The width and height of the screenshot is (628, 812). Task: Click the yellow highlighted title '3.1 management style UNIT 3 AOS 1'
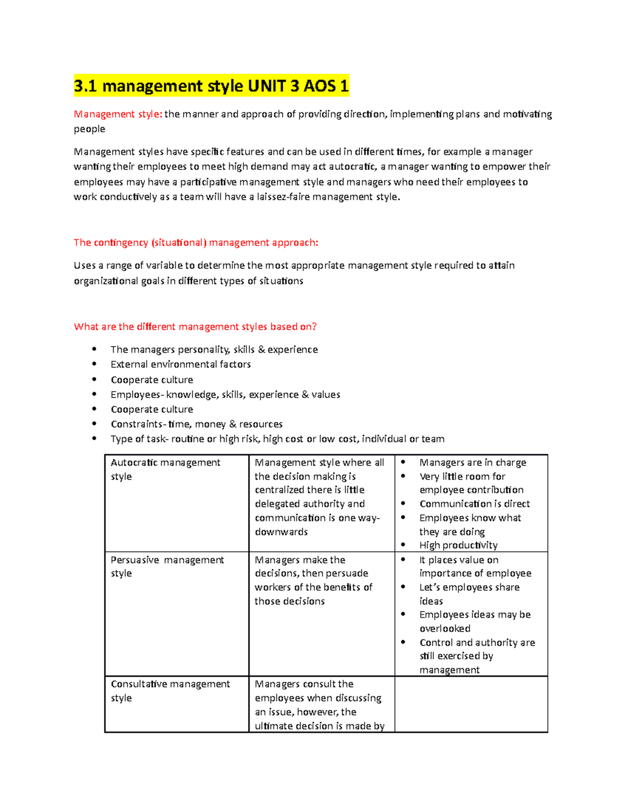click(x=211, y=86)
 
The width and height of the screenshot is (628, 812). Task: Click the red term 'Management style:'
click(x=118, y=114)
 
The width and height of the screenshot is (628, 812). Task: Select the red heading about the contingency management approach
click(x=196, y=243)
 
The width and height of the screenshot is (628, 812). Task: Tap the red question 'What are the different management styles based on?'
click(x=195, y=327)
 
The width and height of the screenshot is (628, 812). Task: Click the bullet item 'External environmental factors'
click(x=181, y=364)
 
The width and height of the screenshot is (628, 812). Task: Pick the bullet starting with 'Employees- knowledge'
click(x=225, y=395)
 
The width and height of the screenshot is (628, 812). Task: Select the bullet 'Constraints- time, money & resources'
click(x=196, y=424)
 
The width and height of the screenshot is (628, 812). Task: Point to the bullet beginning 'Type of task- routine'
click(x=277, y=439)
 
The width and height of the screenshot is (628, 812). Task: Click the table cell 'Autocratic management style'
click(x=165, y=469)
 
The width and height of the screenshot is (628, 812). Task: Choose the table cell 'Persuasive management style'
click(x=167, y=566)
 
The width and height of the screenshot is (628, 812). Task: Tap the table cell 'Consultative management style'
click(x=170, y=691)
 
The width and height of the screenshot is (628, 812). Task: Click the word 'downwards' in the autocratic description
click(x=281, y=532)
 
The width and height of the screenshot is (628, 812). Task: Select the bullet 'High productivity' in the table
click(x=458, y=545)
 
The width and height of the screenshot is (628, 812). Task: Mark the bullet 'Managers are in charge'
click(x=473, y=463)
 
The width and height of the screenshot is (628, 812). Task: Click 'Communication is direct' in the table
click(x=475, y=504)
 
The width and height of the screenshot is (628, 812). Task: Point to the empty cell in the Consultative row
click(x=471, y=704)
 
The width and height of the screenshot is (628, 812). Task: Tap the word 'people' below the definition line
click(x=89, y=129)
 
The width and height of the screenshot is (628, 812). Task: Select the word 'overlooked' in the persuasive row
click(x=445, y=628)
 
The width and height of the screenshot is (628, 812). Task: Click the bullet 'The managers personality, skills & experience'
click(x=214, y=350)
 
